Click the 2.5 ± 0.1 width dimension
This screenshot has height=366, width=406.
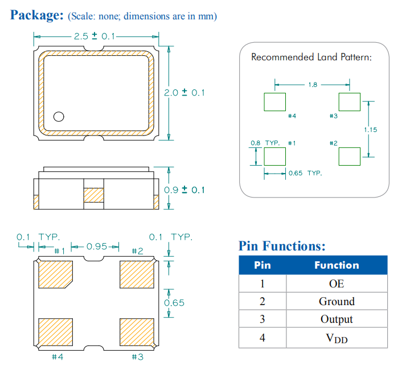tap(94, 36)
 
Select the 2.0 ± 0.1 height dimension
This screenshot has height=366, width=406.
tap(184, 92)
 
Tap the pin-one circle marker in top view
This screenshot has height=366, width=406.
tap(58, 117)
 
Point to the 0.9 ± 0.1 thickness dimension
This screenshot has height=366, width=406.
tap(184, 190)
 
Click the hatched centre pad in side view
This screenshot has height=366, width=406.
tap(94, 194)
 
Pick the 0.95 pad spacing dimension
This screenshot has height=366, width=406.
tap(97, 246)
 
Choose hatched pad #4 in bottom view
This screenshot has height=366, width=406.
tap(55, 332)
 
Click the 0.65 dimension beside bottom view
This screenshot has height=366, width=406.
tap(174, 303)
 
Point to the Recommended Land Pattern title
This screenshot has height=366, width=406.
tap(311, 57)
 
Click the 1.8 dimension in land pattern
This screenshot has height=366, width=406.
tap(313, 85)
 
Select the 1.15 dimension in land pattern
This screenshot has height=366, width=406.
tap(370, 130)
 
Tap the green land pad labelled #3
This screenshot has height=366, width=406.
tap(349, 102)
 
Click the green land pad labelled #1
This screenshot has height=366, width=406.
tap(274, 156)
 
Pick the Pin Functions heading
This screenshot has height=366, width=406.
tap(282, 246)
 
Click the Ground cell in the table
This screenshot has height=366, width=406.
tap(336, 301)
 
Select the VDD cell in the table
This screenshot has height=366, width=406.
tap(336, 338)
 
